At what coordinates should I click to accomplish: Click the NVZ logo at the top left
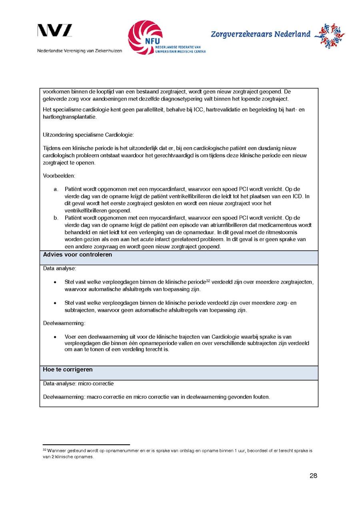click(55, 31)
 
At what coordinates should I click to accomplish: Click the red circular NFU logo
click(145, 37)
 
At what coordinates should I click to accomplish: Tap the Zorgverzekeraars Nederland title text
click(260, 34)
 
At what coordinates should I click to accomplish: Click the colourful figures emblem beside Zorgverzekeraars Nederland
click(329, 36)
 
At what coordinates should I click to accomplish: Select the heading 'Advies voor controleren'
click(78, 255)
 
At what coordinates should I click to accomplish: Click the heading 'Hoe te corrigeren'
click(68, 370)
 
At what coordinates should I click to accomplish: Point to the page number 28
click(313, 476)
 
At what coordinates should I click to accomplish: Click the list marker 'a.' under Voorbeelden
click(56, 189)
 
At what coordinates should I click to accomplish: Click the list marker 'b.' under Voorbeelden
click(56, 218)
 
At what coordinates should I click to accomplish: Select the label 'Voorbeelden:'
click(59, 176)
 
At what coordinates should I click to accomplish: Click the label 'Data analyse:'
click(60, 268)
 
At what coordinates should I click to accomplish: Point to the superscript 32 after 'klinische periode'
click(208, 281)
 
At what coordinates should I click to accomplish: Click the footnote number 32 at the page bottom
click(44, 450)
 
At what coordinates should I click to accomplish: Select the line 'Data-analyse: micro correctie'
click(78, 384)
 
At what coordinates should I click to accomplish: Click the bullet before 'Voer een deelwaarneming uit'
click(55, 337)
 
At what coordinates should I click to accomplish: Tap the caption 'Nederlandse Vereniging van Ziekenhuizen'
click(80, 51)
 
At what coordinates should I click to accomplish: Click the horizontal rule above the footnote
click(86, 445)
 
